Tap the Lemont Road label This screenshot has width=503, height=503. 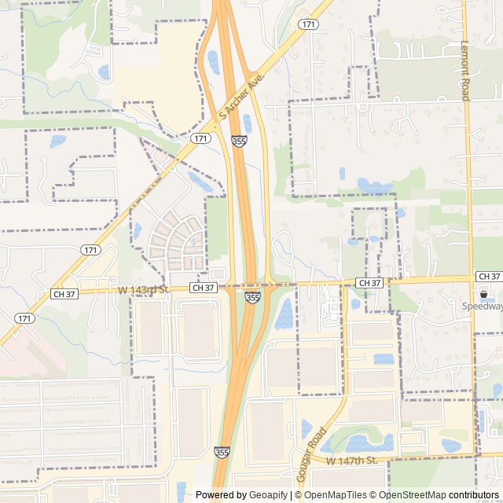[465, 71]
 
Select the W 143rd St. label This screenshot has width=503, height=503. [144, 290]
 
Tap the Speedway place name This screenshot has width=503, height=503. [482, 307]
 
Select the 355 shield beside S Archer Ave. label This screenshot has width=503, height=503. [239, 141]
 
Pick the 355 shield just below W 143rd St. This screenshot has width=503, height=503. [252, 297]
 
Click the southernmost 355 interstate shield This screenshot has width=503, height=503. [222, 453]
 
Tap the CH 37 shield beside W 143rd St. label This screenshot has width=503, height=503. [204, 288]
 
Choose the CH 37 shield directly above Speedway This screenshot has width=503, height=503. [488, 277]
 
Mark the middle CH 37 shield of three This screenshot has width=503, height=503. [369, 282]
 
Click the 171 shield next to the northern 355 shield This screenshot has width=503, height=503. [201, 138]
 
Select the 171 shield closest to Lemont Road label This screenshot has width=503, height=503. [307, 25]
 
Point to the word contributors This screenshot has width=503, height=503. [474, 495]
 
